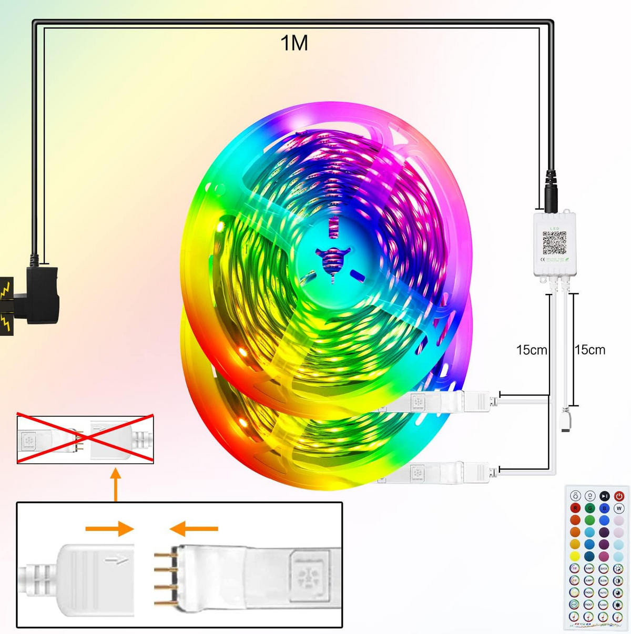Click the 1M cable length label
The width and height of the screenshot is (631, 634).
click(294, 43)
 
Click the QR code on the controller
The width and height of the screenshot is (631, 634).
click(554, 243)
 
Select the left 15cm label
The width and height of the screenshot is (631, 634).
click(531, 350)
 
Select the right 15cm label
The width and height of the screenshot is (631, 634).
click(589, 350)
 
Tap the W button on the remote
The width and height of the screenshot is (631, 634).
click(619, 508)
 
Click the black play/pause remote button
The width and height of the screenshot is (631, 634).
click(605, 496)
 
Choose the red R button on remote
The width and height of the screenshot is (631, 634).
click(575, 508)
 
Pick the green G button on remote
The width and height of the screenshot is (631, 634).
click(590, 508)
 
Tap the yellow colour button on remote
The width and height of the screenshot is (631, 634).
click(575, 556)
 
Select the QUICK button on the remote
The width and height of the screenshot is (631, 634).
click(604, 568)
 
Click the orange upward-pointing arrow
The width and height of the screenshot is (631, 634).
click(116, 484)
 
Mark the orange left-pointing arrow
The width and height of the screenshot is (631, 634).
click(194, 528)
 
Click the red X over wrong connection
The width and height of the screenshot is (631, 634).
click(85, 439)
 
